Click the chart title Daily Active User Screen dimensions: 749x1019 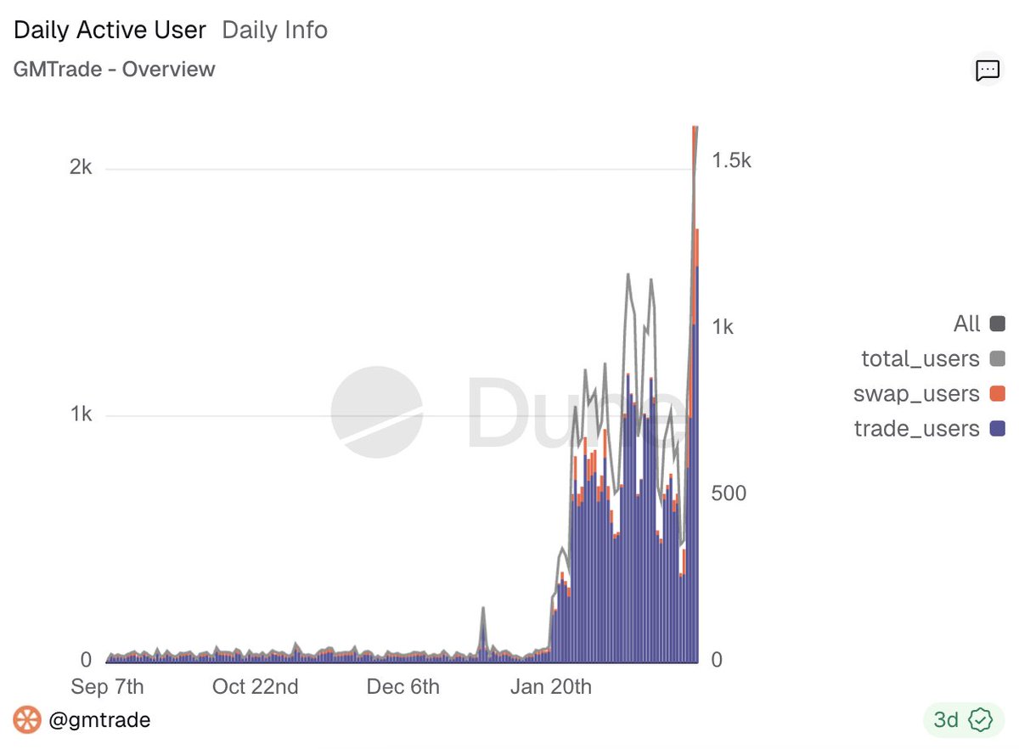(110, 31)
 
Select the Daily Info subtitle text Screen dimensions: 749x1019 (274, 31)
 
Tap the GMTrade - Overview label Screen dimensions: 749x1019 (115, 70)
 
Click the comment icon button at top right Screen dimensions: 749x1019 (987, 70)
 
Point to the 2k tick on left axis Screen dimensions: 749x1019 (81, 167)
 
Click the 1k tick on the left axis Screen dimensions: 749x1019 (81, 414)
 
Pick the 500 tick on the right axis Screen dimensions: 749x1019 (728, 493)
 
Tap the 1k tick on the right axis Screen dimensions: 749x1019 (722, 327)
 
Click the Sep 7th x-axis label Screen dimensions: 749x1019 (107, 686)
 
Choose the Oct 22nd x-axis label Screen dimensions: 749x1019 (256, 686)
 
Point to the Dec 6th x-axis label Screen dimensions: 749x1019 (403, 686)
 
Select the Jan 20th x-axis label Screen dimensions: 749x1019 (550, 686)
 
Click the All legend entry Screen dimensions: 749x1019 (967, 324)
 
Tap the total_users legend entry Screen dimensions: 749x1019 (920, 358)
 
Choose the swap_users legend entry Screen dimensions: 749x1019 (916, 394)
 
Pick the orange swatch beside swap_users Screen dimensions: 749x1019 (998, 394)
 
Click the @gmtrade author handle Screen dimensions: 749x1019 (99, 720)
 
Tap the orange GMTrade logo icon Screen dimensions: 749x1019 (27, 720)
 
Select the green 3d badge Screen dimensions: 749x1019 (958, 720)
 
